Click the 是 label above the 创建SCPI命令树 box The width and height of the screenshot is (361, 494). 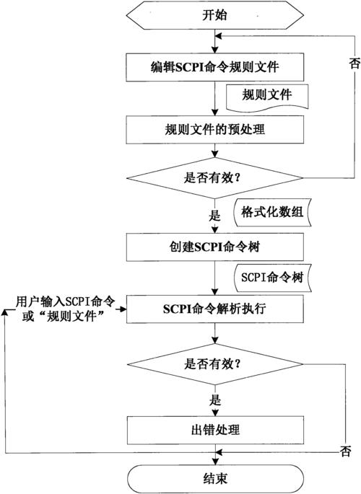[x=214, y=215]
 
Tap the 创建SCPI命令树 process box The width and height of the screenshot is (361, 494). [x=214, y=247]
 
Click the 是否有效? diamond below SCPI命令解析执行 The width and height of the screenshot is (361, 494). [x=214, y=362]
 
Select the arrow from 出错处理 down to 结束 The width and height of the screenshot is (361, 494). [x=214, y=454]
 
